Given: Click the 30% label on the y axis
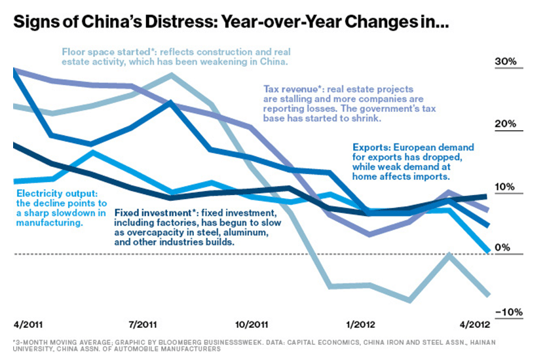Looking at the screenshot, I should [x=506, y=62].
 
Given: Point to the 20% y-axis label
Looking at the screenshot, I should [x=506, y=124].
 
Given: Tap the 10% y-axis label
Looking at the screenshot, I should [x=506, y=187].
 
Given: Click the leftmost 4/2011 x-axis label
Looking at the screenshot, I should [x=28, y=324].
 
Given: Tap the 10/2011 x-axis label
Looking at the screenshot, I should [x=252, y=324].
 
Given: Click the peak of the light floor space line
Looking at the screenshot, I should [x=172, y=75].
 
